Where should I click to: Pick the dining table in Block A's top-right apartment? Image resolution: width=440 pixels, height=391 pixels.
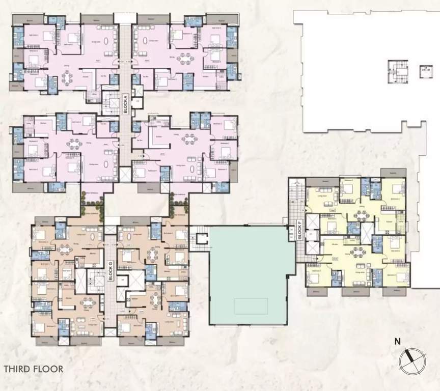coord(184,59)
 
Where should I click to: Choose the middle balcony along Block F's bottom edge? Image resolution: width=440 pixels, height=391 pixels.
coord(355,292)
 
